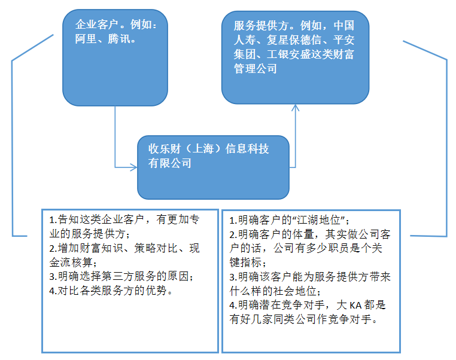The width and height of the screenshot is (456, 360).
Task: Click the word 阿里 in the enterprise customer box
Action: click(x=86, y=39)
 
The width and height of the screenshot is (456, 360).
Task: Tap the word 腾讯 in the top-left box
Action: click(x=118, y=39)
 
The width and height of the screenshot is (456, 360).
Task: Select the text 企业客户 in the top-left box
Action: click(x=96, y=25)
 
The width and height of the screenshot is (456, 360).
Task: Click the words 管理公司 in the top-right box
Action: click(x=256, y=69)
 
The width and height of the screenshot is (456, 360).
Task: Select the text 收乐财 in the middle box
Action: click(x=165, y=149)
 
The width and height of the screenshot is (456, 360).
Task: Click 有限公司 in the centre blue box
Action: click(x=170, y=163)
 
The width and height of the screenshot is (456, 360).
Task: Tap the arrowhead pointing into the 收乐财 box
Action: click(x=134, y=167)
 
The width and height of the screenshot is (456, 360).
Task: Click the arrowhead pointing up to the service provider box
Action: click(x=296, y=108)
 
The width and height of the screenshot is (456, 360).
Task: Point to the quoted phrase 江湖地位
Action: click(x=318, y=220)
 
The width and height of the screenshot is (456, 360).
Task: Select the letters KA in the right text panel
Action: click(x=355, y=306)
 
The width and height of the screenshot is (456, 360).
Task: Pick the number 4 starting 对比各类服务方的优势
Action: click(x=51, y=291)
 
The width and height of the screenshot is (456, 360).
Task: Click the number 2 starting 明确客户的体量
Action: click(x=232, y=234)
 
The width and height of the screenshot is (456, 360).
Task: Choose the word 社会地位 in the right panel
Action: click(x=294, y=291)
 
